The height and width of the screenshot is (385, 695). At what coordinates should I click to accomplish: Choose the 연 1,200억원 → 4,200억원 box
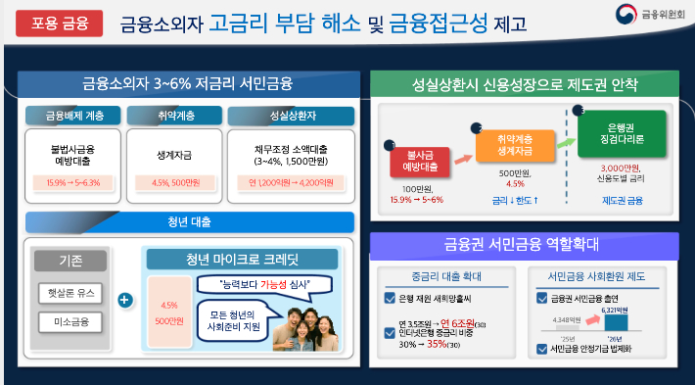[288, 182]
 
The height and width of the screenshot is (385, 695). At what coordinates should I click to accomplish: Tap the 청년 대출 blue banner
[189, 221]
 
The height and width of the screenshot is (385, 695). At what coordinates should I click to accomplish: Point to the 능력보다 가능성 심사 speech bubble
[253, 284]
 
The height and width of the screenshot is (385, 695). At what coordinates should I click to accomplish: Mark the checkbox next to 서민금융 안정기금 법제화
[543, 348]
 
